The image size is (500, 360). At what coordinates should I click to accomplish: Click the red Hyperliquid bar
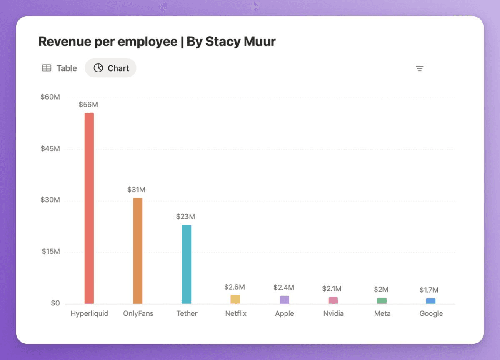coord(89,208)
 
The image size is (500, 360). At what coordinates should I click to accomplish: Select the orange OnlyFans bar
coord(138,250)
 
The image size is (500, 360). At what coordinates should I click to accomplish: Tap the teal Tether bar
coord(187,264)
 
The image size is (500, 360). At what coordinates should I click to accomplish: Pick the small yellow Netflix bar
coord(235,299)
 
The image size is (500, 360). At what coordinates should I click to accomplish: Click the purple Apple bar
coord(285,300)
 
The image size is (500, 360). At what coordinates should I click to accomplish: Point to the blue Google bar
coord(431,301)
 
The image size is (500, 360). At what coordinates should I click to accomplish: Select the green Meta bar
coord(382,300)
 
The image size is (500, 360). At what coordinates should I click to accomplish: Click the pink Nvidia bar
coord(333,300)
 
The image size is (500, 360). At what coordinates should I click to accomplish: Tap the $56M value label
coord(88,105)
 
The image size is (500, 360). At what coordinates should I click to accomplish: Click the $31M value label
coord(137,190)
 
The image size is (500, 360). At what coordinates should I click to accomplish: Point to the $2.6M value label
coord(235,287)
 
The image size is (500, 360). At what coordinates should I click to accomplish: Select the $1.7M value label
coord(429,290)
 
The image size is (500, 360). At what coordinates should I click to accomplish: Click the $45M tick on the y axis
coord(50,149)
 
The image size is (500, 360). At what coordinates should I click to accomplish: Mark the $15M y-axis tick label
coord(51,252)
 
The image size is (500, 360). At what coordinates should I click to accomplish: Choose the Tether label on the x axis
coord(187,313)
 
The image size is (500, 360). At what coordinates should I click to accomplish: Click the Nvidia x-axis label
coord(333,313)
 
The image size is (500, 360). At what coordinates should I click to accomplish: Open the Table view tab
coord(60,68)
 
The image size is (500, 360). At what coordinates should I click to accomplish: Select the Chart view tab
coord(111,68)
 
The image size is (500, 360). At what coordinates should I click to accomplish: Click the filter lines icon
coord(420,69)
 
